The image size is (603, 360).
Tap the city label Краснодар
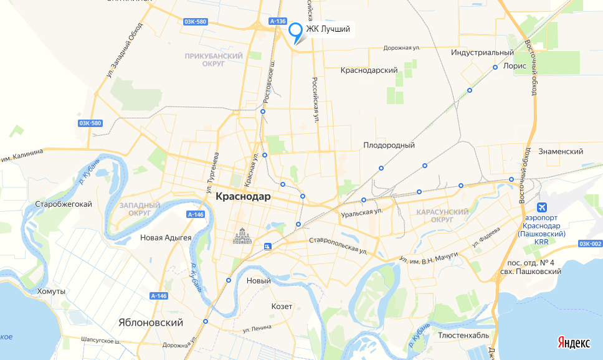click(x=243, y=196)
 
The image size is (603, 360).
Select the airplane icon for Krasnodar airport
click(x=542, y=207)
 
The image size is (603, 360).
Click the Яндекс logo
click(x=574, y=343)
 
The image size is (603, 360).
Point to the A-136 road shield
click(x=278, y=21)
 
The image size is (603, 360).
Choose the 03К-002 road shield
click(x=589, y=244)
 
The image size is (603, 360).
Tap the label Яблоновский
click(x=151, y=323)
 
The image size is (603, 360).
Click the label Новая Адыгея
click(x=166, y=237)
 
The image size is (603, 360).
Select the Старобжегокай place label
click(x=64, y=204)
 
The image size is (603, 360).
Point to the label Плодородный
click(x=389, y=145)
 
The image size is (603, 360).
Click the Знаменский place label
click(x=561, y=151)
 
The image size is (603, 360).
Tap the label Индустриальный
click(x=483, y=53)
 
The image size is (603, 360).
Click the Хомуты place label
click(x=51, y=291)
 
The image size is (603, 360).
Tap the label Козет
click(x=282, y=306)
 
